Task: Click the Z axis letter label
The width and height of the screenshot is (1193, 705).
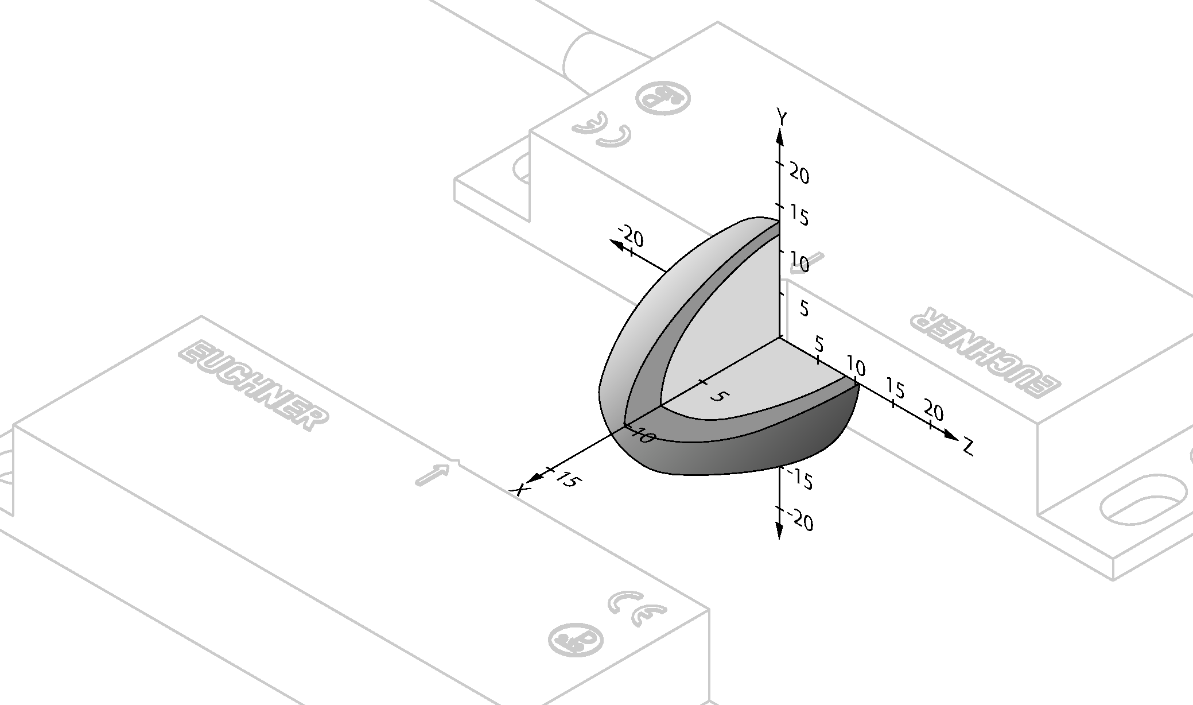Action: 968,447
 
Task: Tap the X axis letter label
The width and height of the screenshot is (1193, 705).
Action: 520,490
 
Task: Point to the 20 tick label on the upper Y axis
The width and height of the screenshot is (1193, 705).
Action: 799,173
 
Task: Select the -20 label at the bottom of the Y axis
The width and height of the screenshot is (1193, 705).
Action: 802,520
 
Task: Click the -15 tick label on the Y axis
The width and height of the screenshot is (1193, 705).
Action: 800,478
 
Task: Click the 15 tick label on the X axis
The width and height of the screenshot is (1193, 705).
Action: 567,479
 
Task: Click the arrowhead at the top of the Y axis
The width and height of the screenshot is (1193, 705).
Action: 779,137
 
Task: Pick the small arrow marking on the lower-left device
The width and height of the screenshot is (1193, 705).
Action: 432,474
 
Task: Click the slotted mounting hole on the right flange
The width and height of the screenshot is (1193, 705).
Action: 1143,504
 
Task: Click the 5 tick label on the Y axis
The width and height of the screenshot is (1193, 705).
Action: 804,308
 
